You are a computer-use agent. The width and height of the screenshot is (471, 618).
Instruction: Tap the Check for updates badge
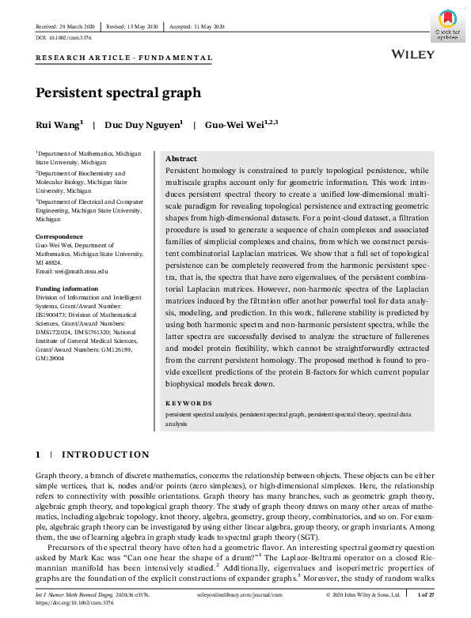[448, 25]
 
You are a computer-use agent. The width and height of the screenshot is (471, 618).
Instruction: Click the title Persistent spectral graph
[118, 92]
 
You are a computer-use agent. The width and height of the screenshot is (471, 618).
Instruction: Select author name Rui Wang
[58, 124]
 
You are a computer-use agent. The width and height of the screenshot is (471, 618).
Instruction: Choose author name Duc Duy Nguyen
[142, 124]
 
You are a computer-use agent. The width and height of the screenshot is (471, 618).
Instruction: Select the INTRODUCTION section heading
[105, 454]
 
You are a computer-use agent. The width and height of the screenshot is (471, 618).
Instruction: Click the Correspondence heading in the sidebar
[61, 236]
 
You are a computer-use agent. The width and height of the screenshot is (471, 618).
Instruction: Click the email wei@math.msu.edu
[71, 270]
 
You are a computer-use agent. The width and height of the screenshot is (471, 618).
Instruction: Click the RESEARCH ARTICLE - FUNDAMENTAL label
[123, 58]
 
